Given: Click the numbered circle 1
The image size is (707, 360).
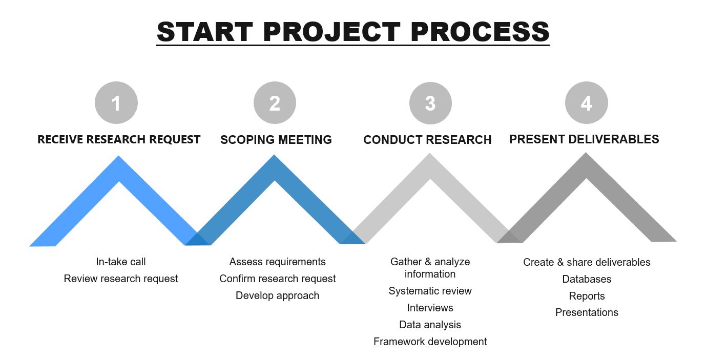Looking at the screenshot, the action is (116, 102).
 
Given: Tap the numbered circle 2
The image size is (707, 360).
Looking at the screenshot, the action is (275, 102).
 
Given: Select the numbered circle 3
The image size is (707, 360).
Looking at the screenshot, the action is (430, 103).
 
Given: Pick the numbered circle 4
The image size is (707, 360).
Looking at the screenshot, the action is (587, 102).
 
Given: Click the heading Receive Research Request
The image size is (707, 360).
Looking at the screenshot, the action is (119, 139).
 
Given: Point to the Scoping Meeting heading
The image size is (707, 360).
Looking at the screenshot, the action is (276, 140).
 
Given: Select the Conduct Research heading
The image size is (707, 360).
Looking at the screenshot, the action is (427, 140).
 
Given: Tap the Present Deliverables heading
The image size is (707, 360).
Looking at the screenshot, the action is (584, 139).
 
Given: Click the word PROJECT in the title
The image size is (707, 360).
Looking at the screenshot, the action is (331, 32).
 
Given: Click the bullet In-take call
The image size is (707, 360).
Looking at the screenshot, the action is (120, 262).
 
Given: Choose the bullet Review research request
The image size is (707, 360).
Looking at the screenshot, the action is (120, 279).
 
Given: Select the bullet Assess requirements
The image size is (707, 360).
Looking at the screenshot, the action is (278, 262).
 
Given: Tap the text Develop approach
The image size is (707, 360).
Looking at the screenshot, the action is (278, 295).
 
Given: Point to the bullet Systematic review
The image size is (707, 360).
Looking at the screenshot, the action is (430, 291).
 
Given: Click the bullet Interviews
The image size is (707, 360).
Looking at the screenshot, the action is (430, 308).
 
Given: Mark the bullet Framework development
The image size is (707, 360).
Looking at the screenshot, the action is (430, 342).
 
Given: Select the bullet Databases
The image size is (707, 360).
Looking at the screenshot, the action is (587, 279).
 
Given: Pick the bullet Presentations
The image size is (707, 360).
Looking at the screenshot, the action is (587, 312).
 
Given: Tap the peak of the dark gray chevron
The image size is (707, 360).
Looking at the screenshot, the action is (586, 153).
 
